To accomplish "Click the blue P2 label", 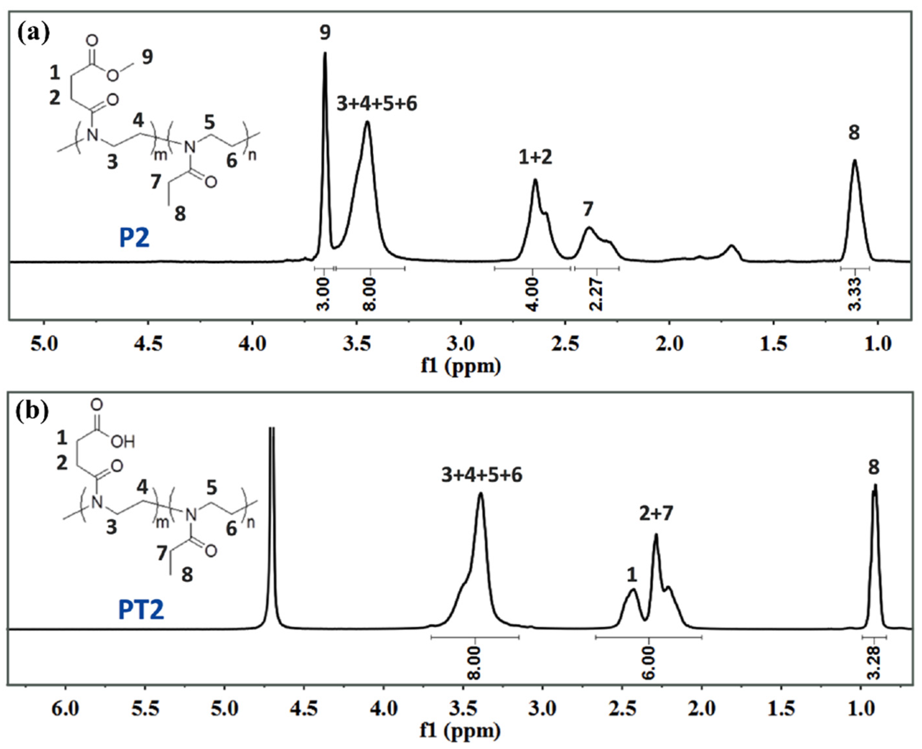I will [134, 238].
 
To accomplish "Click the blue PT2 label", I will [141, 611].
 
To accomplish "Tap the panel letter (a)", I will [34, 32].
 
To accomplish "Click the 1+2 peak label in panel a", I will [535, 158].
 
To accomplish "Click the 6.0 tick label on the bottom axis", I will [65, 710].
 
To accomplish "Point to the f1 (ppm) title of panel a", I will [461, 366].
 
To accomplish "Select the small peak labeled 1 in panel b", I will [632, 591].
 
